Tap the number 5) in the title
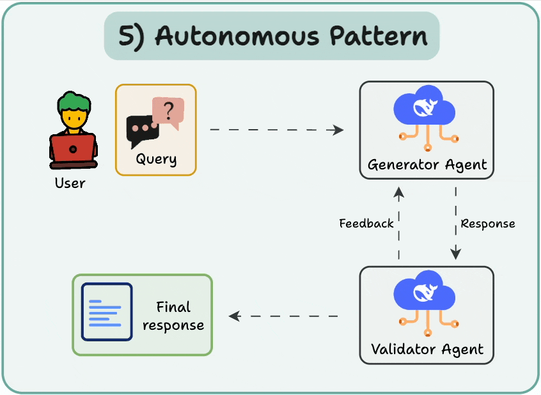[132, 36]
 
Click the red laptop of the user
[73, 150]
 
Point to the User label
[70, 183]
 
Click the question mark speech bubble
[168, 111]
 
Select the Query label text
[156, 159]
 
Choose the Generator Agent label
[427, 165]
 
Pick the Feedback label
[366, 223]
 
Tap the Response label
[488, 224]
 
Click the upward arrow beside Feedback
[399, 223]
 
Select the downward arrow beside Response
[455, 223]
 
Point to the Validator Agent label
[427, 350]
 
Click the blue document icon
[107, 311]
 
